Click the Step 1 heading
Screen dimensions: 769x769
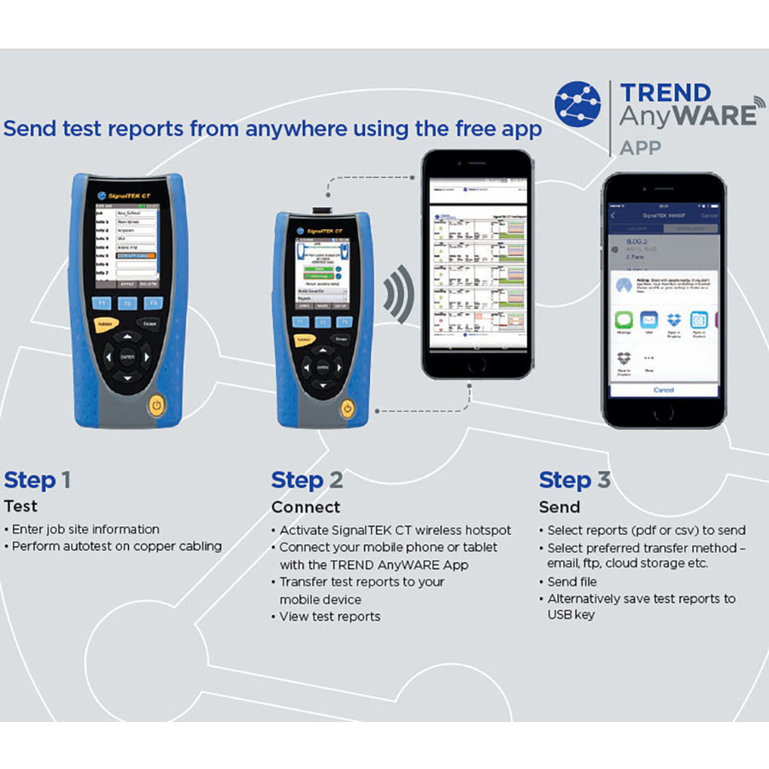coord(38,480)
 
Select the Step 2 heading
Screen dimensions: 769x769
coord(307,480)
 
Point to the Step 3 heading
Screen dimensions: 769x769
coord(575,480)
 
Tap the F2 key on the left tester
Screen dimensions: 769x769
coord(127,303)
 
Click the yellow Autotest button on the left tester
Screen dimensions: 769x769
coord(105,325)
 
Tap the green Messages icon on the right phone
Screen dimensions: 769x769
coord(624,321)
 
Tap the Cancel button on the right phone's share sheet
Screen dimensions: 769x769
coord(663,390)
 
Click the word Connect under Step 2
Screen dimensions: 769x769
coord(305,508)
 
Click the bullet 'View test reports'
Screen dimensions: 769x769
coord(330,616)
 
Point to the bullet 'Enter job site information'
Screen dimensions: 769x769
coord(85,530)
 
